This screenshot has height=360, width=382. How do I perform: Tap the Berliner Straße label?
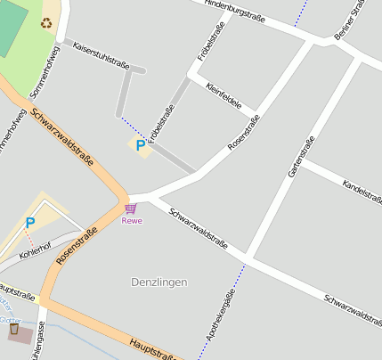tap(350, 20)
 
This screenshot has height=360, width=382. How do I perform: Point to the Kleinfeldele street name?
tap(224, 96)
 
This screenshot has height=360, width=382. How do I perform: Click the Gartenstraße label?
tap(301, 156)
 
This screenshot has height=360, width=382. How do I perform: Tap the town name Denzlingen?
tap(159, 282)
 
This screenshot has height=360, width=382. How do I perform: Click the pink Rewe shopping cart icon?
tap(131, 209)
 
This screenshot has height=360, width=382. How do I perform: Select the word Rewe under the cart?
tap(131, 221)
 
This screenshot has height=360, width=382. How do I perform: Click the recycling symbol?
tap(45, 21)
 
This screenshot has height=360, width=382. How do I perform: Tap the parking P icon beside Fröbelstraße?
tap(140, 144)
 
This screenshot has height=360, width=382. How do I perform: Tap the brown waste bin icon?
tap(13, 330)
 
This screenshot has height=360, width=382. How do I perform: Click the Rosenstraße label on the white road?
tap(243, 131)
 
